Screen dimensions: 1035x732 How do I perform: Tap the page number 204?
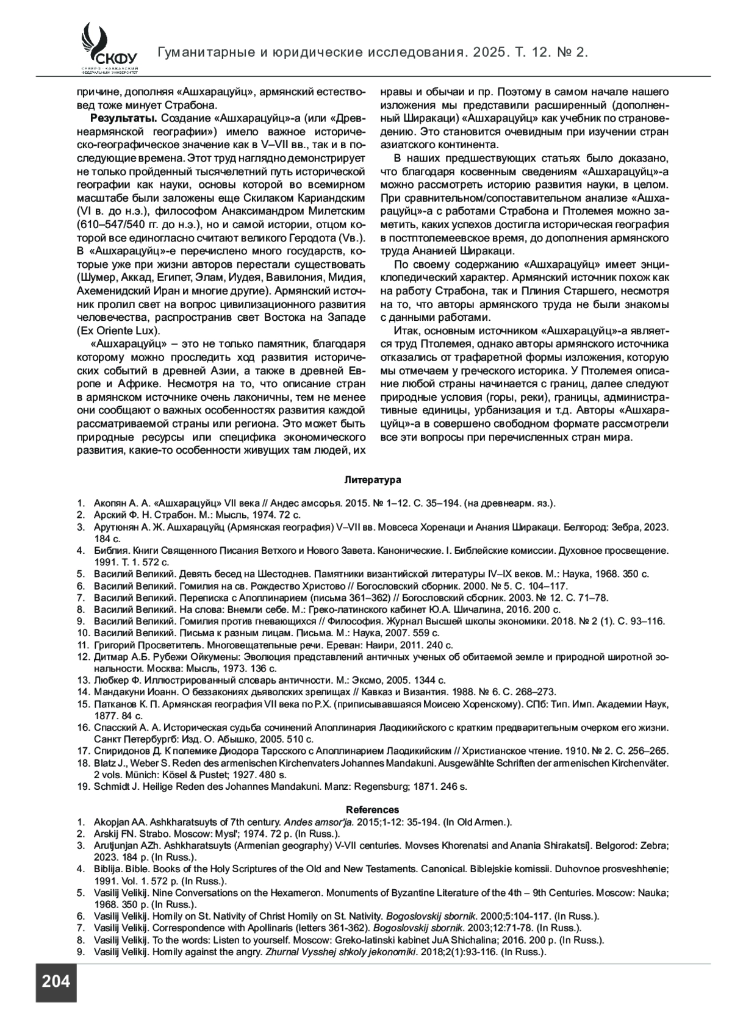56,981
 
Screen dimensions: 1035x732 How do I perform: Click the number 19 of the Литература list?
82,787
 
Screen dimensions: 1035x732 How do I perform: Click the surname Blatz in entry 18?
105,763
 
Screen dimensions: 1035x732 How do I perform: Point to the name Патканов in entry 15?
115,704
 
